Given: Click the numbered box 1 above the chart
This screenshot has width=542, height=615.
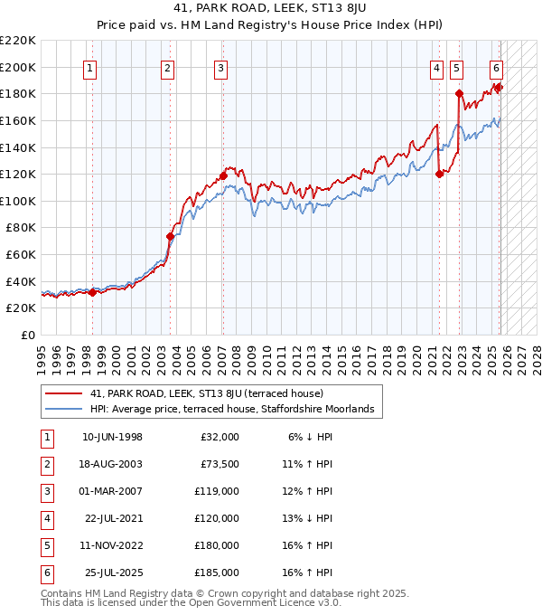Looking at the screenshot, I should tap(91, 66).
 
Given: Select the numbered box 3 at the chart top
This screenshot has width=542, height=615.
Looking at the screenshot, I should tap(221, 66).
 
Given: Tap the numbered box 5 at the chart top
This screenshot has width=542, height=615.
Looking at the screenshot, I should tap(456, 66).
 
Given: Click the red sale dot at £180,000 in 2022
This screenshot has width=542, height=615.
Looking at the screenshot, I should tap(459, 93).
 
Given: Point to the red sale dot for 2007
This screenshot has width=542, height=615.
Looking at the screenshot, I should tap(223, 175).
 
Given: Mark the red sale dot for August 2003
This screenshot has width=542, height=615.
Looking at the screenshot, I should tap(170, 236).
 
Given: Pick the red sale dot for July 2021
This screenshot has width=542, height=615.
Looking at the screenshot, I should tap(439, 174).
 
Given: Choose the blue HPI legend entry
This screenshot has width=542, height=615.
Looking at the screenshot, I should tap(237, 410).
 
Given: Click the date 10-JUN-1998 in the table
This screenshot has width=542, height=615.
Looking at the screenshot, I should tap(112, 437).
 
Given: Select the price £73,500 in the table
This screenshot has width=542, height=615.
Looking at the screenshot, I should tap(220, 464).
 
